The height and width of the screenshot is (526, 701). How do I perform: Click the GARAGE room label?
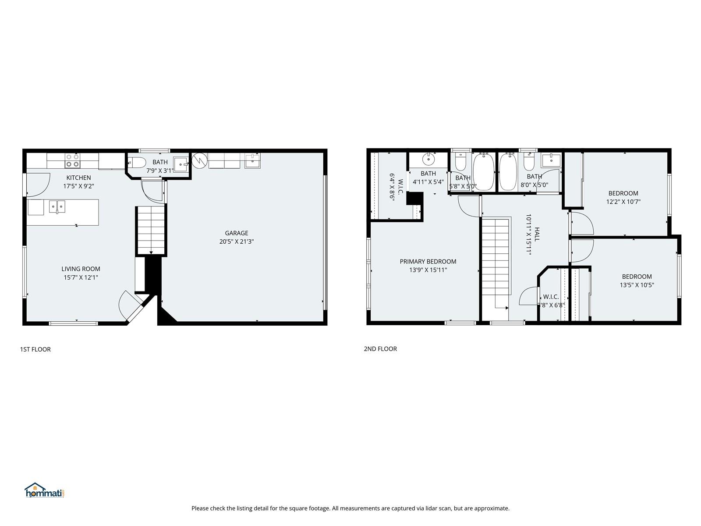pyautogui.click(x=236, y=233)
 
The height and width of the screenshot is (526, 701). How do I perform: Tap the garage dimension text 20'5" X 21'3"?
pyautogui.click(x=236, y=242)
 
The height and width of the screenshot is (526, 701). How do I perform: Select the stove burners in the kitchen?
pyautogui.click(x=72, y=160)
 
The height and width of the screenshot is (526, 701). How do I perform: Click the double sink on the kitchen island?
pyautogui.click(x=57, y=206)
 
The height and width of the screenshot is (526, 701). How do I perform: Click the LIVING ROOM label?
pyautogui.click(x=81, y=269)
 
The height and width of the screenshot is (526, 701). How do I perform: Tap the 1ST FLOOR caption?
pyautogui.click(x=35, y=349)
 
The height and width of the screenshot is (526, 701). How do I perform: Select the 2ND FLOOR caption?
pyautogui.click(x=380, y=349)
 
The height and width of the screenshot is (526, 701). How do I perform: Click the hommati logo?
pyautogui.click(x=44, y=490)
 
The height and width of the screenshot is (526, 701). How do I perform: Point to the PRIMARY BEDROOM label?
pyautogui.click(x=428, y=262)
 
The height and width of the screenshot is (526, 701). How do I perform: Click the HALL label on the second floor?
pyautogui.click(x=537, y=235)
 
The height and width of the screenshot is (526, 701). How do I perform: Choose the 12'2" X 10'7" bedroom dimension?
pyautogui.click(x=623, y=202)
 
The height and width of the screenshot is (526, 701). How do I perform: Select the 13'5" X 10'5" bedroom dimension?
pyautogui.click(x=637, y=285)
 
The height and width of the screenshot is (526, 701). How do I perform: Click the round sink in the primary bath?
pyautogui.click(x=428, y=159)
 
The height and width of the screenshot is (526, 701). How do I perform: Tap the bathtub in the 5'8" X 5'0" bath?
pyautogui.click(x=484, y=172)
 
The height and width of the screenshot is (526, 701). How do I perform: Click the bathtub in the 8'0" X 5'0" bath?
pyautogui.click(x=508, y=172)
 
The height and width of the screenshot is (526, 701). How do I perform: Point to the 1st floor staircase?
pyautogui.click(x=151, y=230)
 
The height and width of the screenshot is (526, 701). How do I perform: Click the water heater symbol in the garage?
pyautogui.click(x=200, y=160)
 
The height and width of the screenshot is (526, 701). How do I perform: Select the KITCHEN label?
pyautogui.click(x=78, y=178)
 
